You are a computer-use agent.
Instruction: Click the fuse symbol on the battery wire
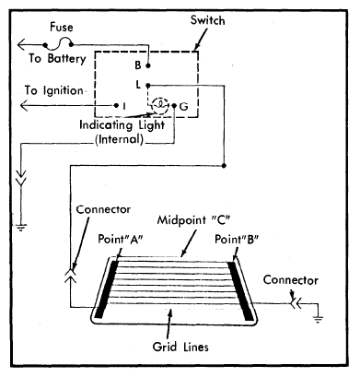[58, 43]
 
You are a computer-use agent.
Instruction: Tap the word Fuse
[62, 27]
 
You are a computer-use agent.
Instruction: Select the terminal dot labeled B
[148, 65]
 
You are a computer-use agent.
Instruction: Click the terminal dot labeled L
[147, 85]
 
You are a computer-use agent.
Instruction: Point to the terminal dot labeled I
[116, 106]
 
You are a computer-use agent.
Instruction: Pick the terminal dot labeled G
[174, 106]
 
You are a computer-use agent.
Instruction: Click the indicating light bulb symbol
[160, 106]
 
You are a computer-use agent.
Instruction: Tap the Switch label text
[207, 20]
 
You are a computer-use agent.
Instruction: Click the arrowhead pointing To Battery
[21, 45]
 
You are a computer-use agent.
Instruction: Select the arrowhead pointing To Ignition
[24, 106]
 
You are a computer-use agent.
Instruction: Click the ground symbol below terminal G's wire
[21, 228]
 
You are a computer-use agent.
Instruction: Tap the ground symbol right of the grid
[318, 319]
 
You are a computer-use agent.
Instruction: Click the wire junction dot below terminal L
[224, 166]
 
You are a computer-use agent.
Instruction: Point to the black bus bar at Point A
[106, 289]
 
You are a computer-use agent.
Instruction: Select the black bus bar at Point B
[240, 290]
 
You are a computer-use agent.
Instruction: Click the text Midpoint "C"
[193, 220]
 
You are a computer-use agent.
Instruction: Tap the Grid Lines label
[180, 347]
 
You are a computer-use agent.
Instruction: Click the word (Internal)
[120, 139]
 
